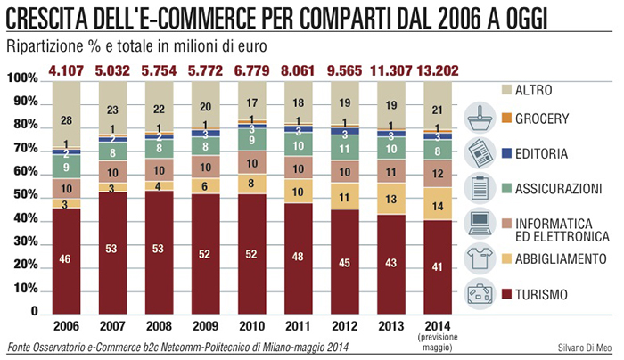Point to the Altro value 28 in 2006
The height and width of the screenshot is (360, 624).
click(67, 120)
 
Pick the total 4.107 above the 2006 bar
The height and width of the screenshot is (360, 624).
click(67, 68)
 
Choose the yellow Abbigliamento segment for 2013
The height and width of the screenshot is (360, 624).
click(390, 198)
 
